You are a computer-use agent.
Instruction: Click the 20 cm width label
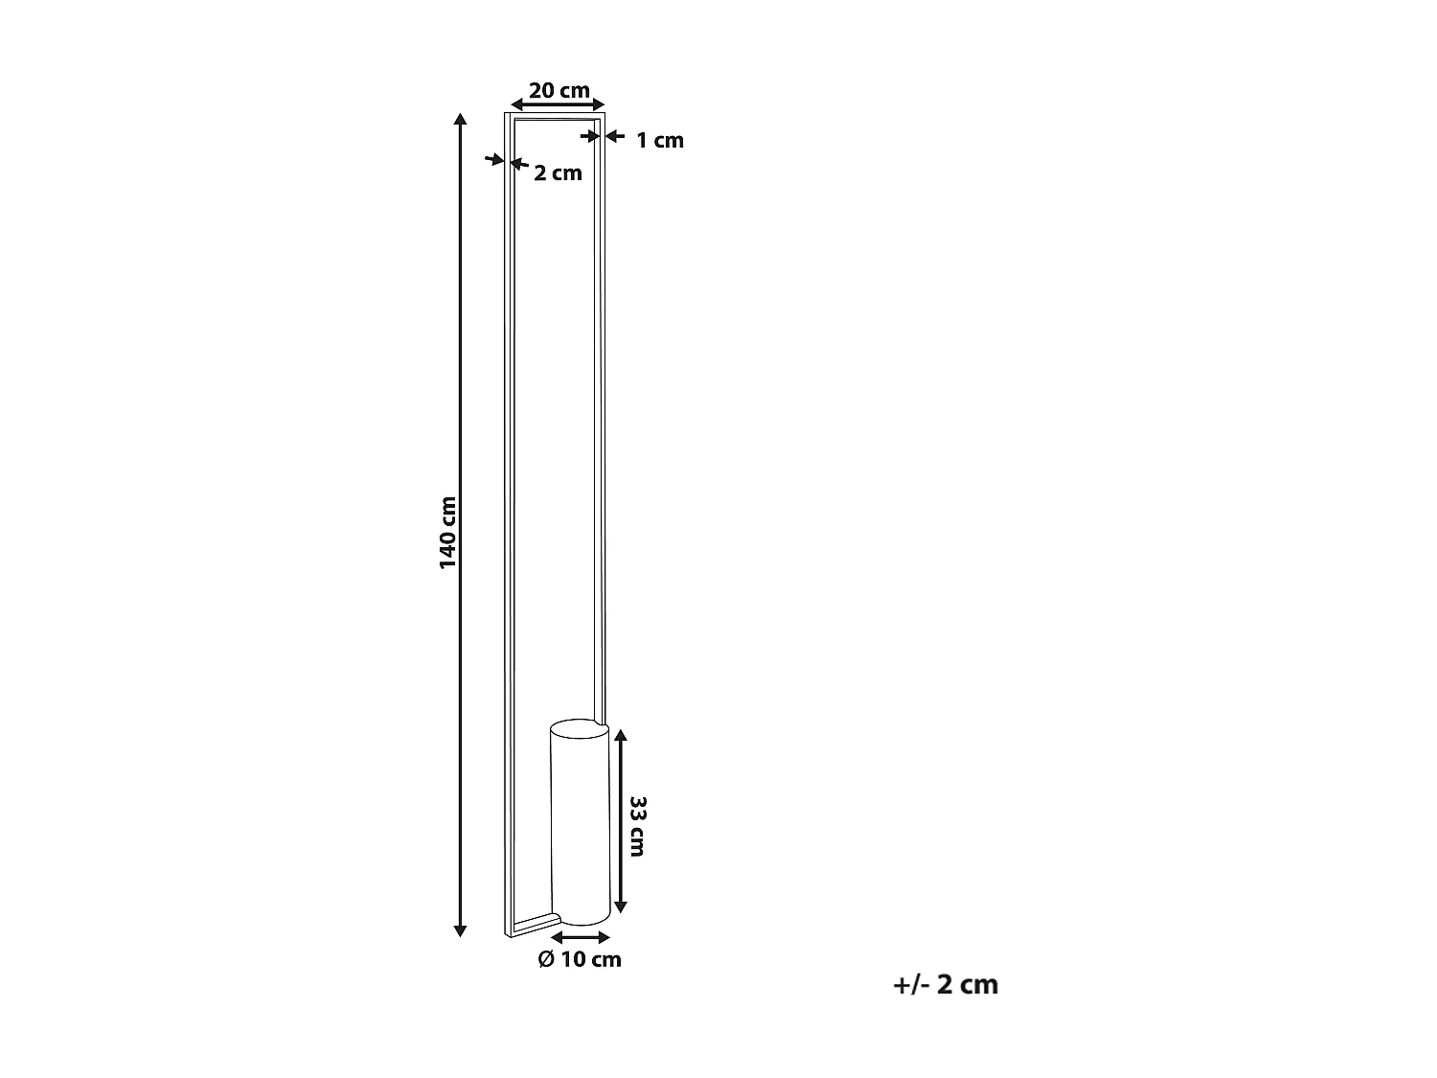[559, 90]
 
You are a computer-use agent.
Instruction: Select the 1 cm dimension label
[660, 140]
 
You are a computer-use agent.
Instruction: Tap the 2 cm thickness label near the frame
[558, 173]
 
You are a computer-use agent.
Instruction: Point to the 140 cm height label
[448, 532]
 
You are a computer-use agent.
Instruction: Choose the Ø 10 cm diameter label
[580, 959]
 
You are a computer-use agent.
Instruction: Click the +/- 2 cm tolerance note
[945, 984]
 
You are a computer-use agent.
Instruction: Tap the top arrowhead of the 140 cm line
[461, 118]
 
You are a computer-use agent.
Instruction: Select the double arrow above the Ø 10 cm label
[581, 936]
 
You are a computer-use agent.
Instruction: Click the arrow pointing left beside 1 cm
[614, 136]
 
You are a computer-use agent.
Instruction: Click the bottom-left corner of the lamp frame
[507, 931]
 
